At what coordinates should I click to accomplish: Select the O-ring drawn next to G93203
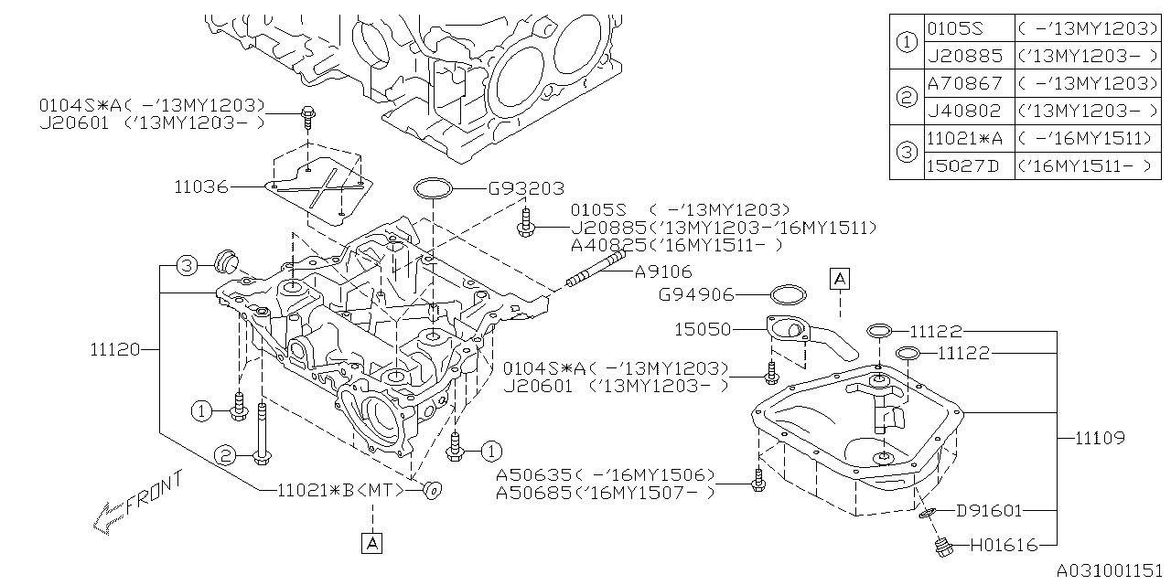coord(434,189)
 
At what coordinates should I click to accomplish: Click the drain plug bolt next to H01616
coord(940,548)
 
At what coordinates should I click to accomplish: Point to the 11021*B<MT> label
coord(340,490)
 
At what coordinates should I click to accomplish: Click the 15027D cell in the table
coord(964,166)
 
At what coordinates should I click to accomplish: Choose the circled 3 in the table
coord(906,152)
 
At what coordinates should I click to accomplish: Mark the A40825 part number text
coord(606,245)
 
